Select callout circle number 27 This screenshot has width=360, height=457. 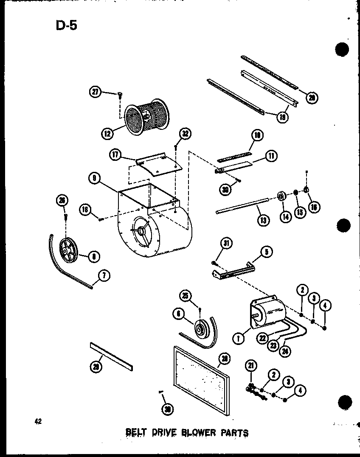96,91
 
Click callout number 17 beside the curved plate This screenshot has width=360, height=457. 116,155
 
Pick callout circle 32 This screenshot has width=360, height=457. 185,134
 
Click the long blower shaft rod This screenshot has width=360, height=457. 242,206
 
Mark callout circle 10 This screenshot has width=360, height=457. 257,136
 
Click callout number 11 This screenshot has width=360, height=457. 271,156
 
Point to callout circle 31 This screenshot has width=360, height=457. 227,243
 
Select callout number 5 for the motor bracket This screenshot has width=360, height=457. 266,252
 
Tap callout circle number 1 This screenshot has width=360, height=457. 239,338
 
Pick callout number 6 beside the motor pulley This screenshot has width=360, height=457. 179,314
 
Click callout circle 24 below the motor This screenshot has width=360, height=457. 287,351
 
